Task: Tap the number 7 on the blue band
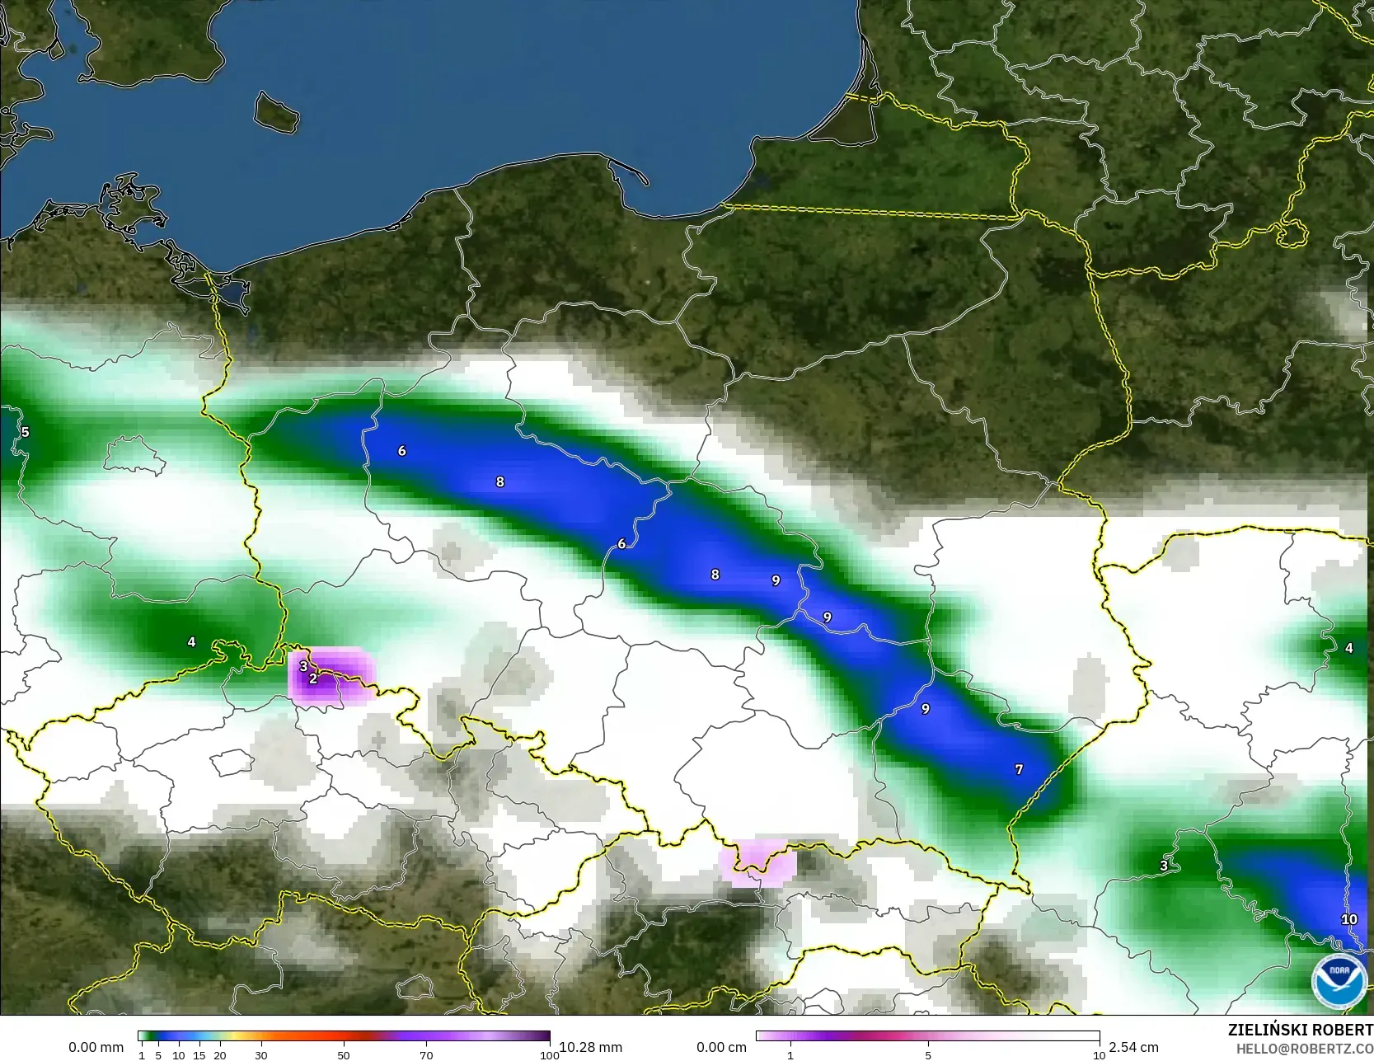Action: (1019, 769)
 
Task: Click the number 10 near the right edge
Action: (1348, 919)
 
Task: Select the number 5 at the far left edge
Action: (25, 432)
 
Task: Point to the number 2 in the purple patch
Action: (313, 679)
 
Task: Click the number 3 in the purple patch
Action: (303, 666)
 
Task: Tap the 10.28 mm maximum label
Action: (591, 1047)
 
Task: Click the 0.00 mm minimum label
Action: (96, 1047)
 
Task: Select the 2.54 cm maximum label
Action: (1133, 1047)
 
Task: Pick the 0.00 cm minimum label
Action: (721, 1047)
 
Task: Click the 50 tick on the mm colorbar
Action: (344, 1055)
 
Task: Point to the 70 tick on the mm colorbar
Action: (426, 1055)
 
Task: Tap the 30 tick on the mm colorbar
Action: (261, 1055)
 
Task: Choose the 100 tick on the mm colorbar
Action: (550, 1055)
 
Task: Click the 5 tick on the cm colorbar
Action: (928, 1055)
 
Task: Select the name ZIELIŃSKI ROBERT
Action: (1300, 1030)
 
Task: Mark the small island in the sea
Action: (275, 111)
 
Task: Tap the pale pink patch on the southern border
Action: (757, 862)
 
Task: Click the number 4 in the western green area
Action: (191, 641)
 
